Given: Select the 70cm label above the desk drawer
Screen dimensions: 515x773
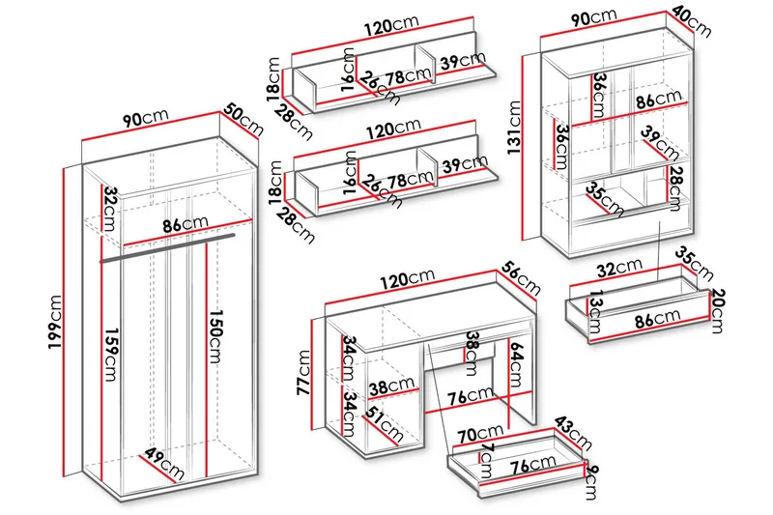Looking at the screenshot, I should [x=480, y=433].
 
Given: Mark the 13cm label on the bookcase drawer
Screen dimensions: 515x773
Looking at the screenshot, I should [x=595, y=311].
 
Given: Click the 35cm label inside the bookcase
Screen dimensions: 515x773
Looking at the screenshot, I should [x=603, y=197].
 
